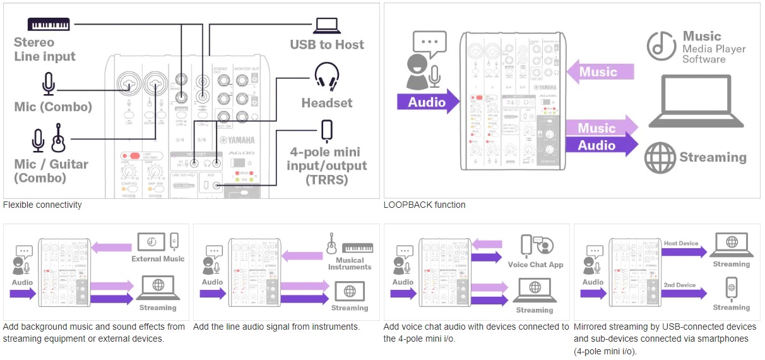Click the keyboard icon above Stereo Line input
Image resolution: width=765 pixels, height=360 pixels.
[x=49, y=25]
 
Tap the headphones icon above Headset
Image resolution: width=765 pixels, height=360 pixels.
[x=326, y=76]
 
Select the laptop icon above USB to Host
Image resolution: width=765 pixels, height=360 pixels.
[x=327, y=26]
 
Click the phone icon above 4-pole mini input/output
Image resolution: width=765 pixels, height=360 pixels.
[x=326, y=131]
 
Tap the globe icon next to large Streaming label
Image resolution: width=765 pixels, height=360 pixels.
[x=660, y=157]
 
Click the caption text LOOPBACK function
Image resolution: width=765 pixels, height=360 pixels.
[x=424, y=205]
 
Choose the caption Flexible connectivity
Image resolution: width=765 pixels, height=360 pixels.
[x=42, y=205]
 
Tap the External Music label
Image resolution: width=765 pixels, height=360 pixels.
[x=158, y=259]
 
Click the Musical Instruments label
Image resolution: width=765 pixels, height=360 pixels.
[x=350, y=263]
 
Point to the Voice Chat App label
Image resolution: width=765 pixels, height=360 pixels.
[x=535, y=265]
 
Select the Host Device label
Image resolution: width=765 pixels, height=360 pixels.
[x=681, y=243]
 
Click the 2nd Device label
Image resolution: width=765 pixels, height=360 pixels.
[x=680, y=285]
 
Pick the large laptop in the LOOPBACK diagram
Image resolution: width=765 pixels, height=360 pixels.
[x=698, y=102]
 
